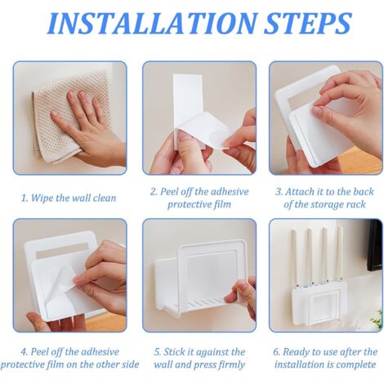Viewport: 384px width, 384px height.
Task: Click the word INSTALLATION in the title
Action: pos(152,23)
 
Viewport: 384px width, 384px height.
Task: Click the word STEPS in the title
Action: pos(307,23)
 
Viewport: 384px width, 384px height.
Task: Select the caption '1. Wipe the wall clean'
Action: pos(69,198)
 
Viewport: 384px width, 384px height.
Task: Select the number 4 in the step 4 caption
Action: pos(24,352)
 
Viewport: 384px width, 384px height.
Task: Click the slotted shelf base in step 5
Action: pos(196,303)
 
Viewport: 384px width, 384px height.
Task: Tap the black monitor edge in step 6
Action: pos(375,245)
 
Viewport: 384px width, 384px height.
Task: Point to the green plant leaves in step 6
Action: pos(377,319)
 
